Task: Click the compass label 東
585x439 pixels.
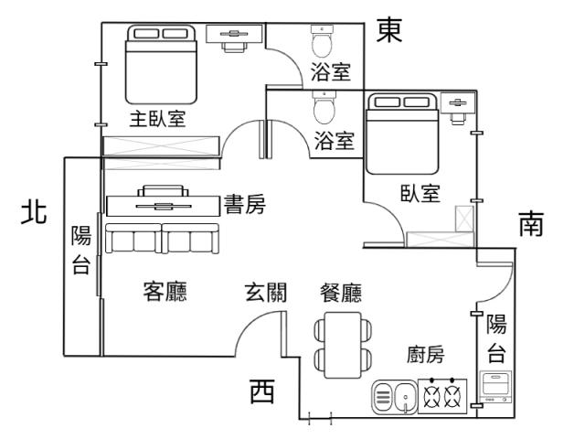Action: pyautogui.click(x=389, y=29)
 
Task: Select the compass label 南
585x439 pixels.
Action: pyautogui.click(x=532, y=225)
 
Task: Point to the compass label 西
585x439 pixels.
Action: pyautogui.click(x=262, y=391)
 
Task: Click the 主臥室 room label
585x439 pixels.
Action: pyautogui.click(x=156, y=121)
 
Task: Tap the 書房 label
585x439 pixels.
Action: pyautogui.click(x=245, y=205)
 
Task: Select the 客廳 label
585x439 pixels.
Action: pyautogui.click(x=165, y=293)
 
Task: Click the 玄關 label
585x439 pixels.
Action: pyautogui.click(x=266, y=293)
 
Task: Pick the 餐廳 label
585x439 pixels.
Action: pyautogui.click(x=340, y=293)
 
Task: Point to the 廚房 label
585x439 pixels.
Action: pyautogui.click(x=425, y=355)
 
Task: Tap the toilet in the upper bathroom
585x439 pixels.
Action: pyautogui.click(x=322, y=41)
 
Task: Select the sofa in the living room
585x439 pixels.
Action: pyautogui.click(x=161, y=239)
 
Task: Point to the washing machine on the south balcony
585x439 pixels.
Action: pyautogui.click(x=495, y=388)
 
